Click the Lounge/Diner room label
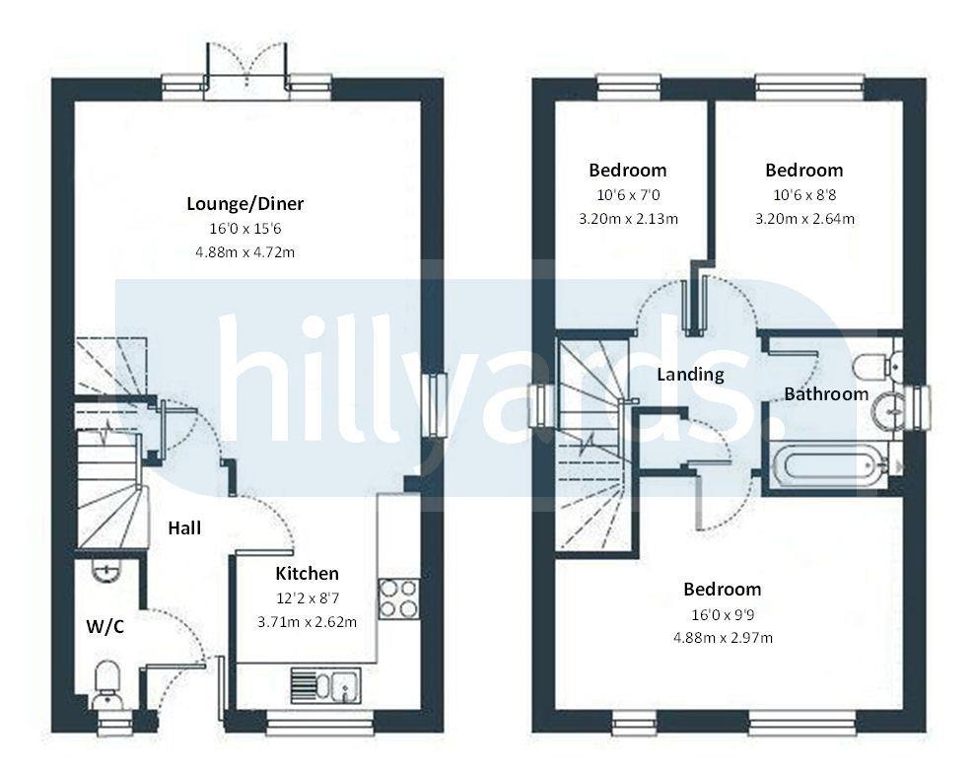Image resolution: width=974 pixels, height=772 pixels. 245,204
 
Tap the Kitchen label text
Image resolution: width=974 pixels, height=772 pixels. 307,573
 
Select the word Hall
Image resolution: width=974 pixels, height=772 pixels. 184,527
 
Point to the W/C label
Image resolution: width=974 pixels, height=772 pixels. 104,627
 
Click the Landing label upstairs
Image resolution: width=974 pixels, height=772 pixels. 690,375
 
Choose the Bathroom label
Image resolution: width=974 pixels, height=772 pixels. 825,393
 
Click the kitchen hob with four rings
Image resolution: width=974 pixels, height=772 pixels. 398,598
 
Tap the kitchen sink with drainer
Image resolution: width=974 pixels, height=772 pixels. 325,685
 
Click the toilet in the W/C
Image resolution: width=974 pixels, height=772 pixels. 106,683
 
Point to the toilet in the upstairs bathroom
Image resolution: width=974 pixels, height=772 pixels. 876,367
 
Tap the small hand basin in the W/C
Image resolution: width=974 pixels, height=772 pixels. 106,570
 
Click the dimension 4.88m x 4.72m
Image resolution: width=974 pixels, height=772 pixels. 244,252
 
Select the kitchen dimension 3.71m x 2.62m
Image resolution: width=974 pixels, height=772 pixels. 307,622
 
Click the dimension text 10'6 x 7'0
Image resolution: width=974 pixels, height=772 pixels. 628,195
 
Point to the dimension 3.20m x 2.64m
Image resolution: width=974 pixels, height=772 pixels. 804,219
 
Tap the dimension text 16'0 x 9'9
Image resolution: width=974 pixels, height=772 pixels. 723,615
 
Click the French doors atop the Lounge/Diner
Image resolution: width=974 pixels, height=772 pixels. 246,68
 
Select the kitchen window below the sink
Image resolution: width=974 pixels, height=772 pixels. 320,723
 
